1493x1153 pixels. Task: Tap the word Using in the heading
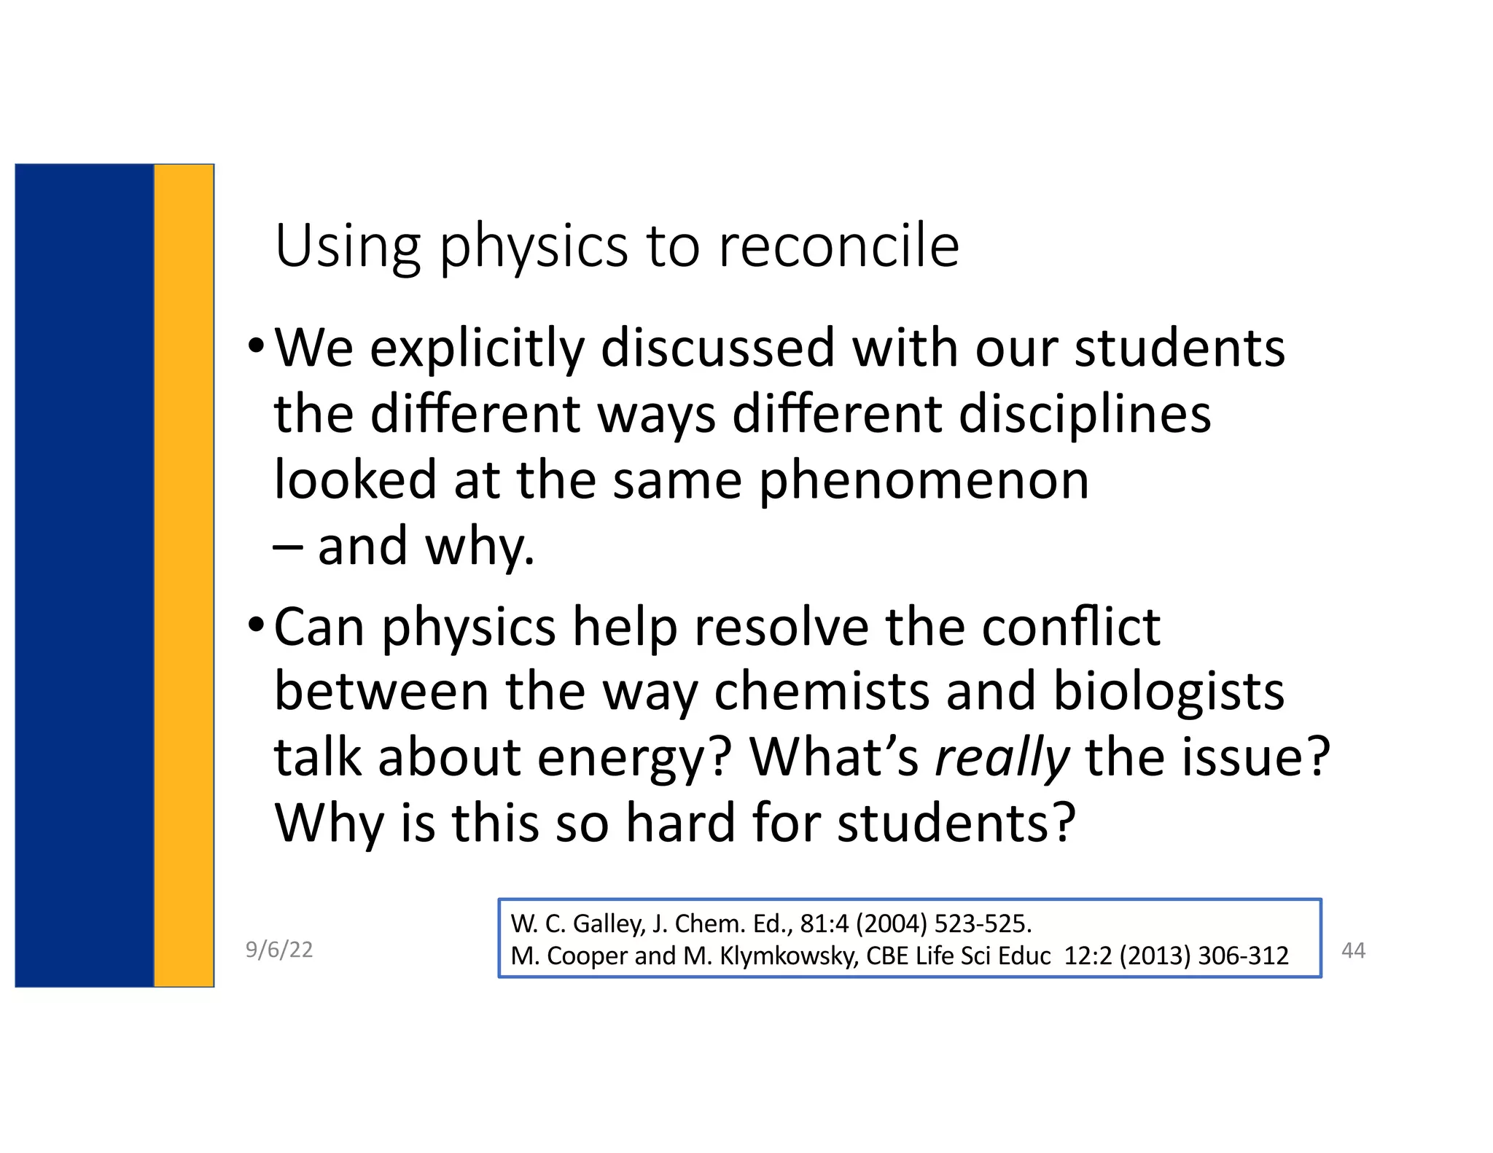point(348,246)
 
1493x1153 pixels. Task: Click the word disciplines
point(1084,414)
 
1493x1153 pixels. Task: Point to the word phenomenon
point(924,480)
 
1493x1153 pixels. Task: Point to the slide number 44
point(1353,950)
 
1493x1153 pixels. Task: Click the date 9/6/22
point(279,950)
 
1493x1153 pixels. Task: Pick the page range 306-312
point(1243,955)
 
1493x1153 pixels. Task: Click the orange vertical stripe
point(184,576)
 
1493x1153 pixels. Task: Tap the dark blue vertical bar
point(84,576)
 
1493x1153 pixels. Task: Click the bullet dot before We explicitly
point(255,345)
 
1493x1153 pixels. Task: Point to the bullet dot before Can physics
point(255,623)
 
